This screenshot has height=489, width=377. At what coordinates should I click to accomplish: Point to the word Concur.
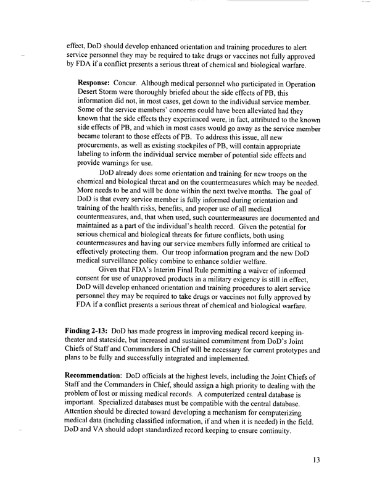click(143, 83)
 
